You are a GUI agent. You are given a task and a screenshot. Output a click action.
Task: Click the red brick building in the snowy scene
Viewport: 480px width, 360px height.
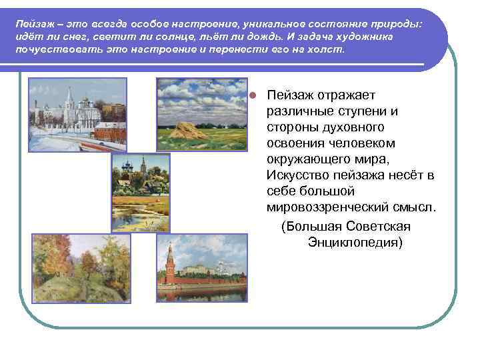pos(109,130)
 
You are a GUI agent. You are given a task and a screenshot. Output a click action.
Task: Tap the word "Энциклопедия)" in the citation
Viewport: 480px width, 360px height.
pos(355,241)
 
